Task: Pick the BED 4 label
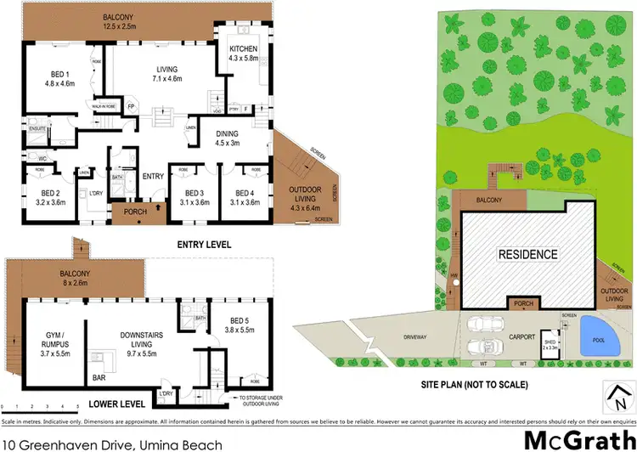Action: (x=245, y=197)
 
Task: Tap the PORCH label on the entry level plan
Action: (x=135, y=212)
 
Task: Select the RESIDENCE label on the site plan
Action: (x=527, y=254)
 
